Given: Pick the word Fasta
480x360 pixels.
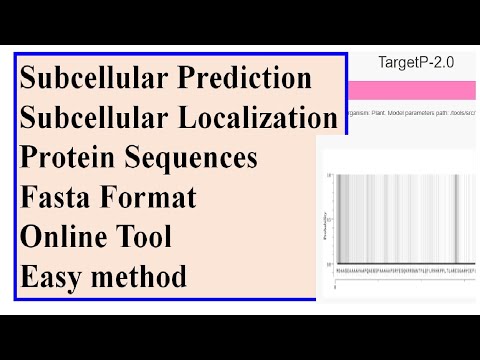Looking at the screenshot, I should point(56,198).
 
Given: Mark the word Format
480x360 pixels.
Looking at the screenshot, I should point(148,198).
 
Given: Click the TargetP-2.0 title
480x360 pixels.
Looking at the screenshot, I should point(416,62).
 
